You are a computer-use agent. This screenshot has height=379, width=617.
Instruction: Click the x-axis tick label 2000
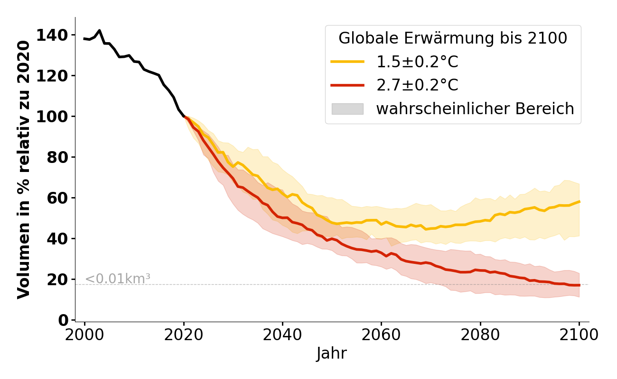[84, 335]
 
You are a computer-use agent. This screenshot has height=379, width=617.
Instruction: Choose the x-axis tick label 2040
[282, 335]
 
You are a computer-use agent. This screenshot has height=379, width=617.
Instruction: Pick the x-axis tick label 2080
[480, 335]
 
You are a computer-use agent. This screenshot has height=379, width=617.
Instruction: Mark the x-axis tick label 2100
[579, 335]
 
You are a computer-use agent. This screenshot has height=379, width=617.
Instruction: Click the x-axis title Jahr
[331, 354]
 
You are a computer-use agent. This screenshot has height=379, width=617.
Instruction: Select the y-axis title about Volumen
[24, 170]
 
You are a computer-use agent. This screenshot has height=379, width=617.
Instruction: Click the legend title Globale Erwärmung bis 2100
[453, 38]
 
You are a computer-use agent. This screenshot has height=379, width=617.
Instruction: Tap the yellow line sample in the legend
[347, 62]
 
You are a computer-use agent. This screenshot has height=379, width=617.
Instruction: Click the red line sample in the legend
[347, 85]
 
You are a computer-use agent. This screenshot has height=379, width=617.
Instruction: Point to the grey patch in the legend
[347, 109]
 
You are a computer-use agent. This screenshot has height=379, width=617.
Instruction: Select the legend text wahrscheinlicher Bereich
[475, 109]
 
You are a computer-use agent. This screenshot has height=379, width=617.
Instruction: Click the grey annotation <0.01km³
[117, 279]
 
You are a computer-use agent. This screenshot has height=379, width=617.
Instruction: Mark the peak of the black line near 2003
[99, 30]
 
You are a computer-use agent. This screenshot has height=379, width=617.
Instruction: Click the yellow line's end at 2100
[579, 201]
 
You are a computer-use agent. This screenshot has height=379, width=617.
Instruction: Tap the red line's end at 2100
[579, 285]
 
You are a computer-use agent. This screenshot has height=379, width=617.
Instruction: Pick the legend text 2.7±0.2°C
[417, 85]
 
